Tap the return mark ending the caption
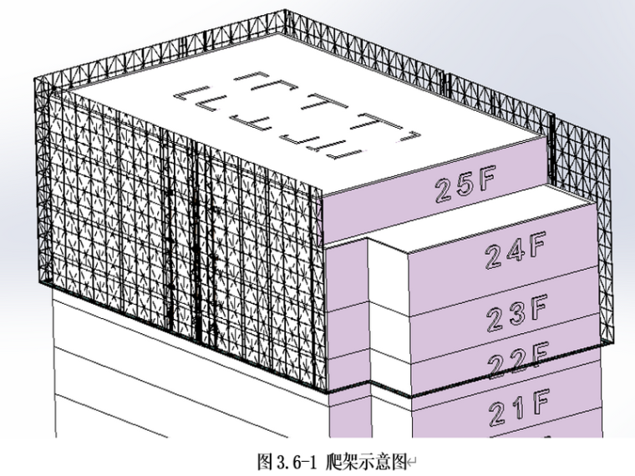tap(409, 460)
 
